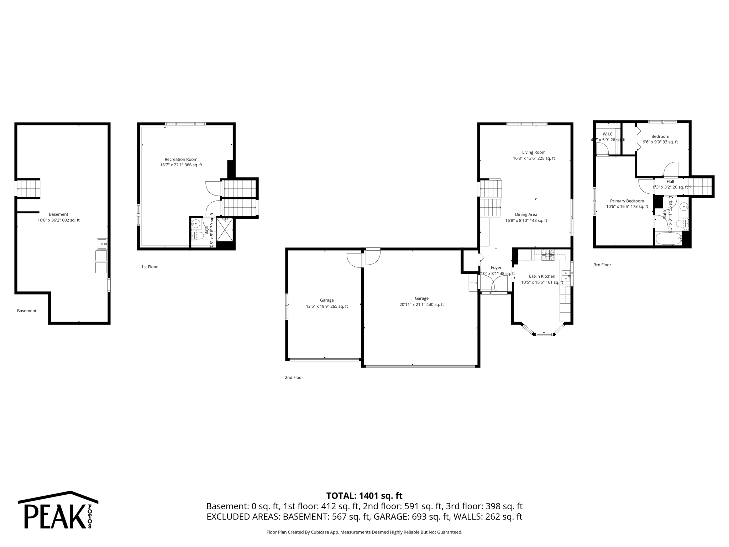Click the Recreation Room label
181,159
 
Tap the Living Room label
534,152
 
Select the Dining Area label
526,214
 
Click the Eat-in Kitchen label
542,276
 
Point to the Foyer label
496,267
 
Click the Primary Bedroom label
627,201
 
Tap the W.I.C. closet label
608,134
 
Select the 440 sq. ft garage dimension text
421,304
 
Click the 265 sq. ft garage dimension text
327,306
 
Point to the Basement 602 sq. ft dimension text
58,220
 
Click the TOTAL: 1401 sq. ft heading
364,496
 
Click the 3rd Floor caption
602,265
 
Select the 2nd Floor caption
294,377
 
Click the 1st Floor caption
149,267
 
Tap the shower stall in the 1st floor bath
225,229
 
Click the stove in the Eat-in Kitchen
548,255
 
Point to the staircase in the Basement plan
28,188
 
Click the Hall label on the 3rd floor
670,181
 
